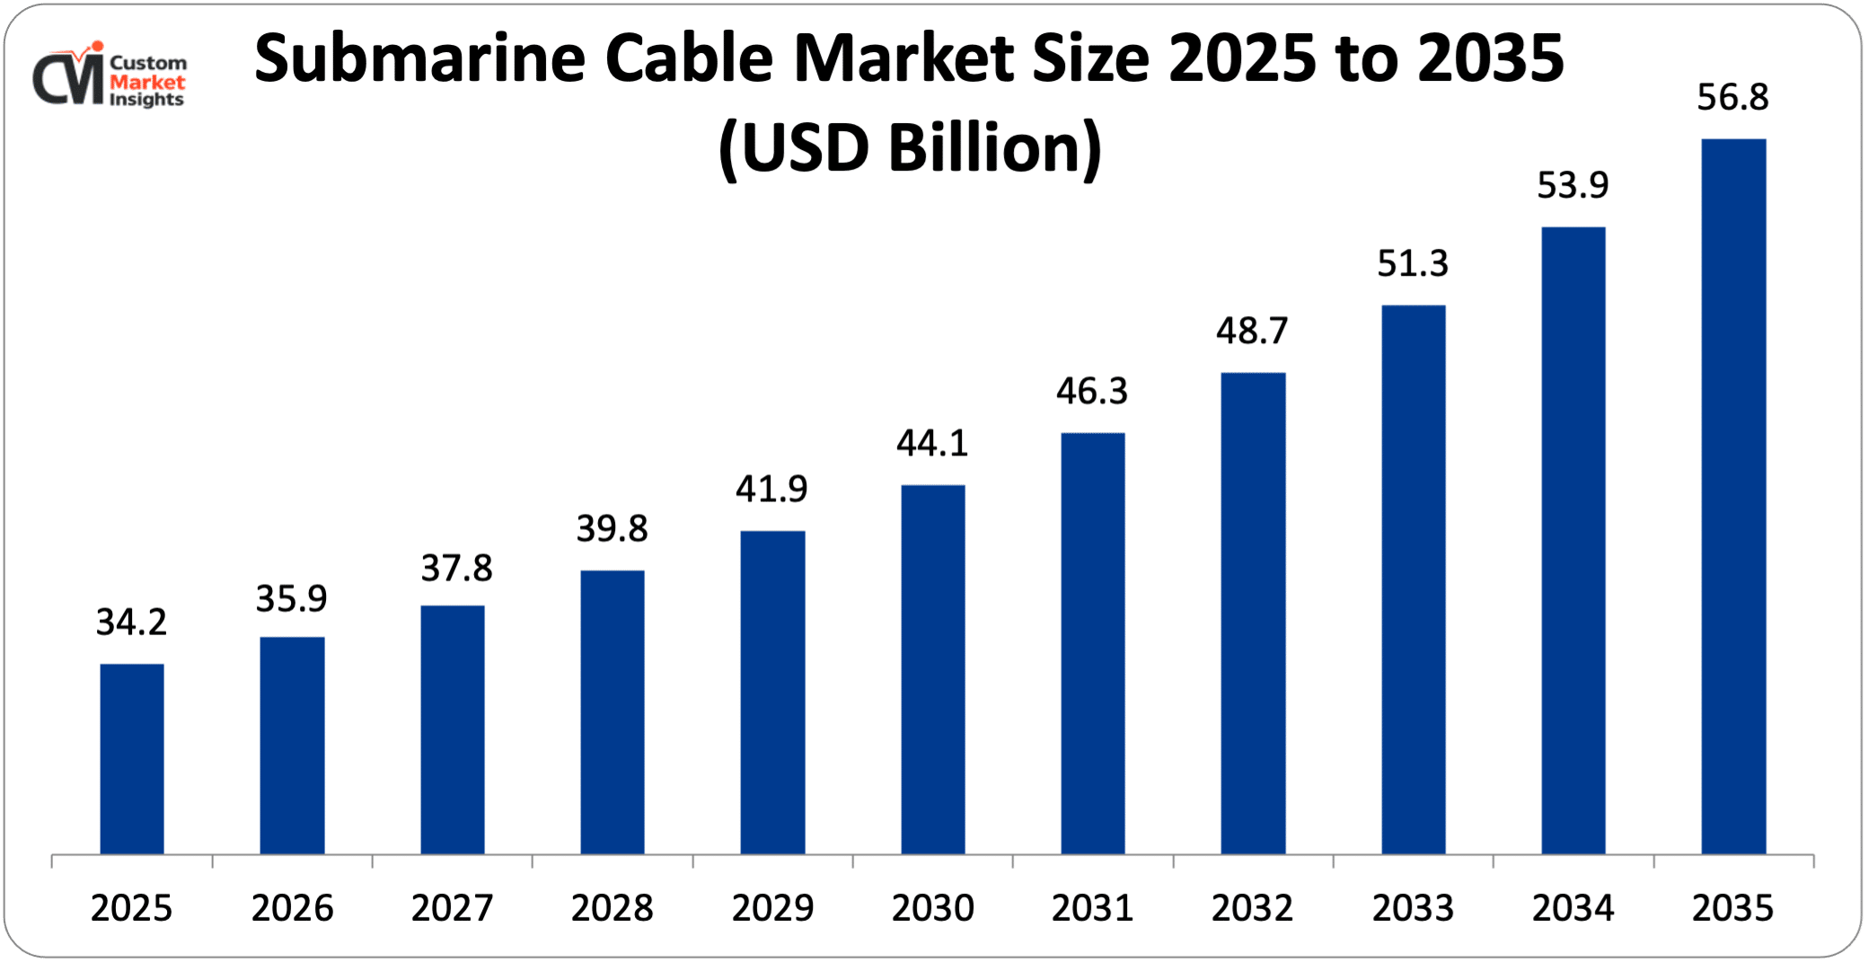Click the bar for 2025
point(132,759)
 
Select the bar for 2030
point(933,669)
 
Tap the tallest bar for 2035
point(1733,496)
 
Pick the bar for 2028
point(612,711)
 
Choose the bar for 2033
point(1414,579)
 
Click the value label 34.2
point(132,622)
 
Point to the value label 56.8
point(1733,97)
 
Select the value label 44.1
point(933,443)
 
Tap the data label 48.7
point(1253,331)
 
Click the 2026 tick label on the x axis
point(292,908)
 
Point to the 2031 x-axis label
point(1093,908)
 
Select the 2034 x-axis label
point(1573,908)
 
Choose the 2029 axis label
point(772,908)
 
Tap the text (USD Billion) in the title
point(910,148)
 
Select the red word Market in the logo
point(147,82)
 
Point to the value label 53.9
point(1573,185)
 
